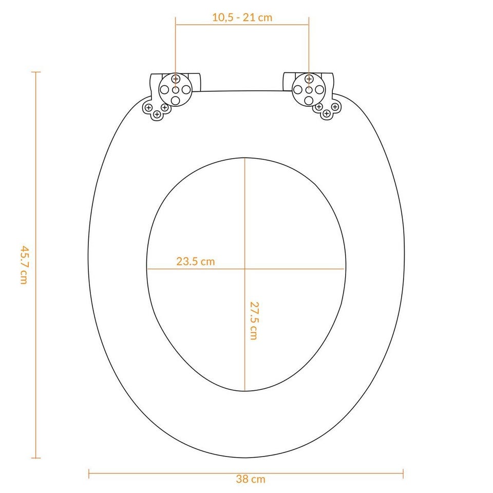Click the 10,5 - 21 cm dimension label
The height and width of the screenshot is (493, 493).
[x=242, y=17]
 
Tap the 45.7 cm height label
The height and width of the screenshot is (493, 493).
[x=24, y=265]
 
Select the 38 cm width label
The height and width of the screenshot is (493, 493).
[x=251, y=479]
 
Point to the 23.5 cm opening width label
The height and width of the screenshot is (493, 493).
[x=195, y=261]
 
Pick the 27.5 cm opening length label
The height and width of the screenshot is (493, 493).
[x=254, y=320]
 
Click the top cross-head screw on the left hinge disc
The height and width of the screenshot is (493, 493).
[x=176, y=79]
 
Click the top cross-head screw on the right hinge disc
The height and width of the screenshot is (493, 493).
[x=309, y=79]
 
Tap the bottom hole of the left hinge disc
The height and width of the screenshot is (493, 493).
[x=176, y=101]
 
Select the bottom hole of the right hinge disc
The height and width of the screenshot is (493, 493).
[x=309, y=101]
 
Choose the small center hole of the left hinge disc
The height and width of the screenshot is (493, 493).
[x=176, y=90]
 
